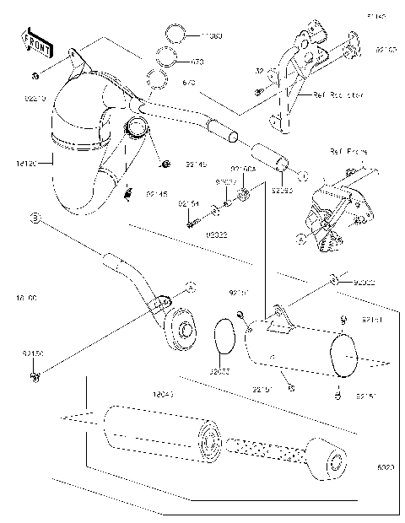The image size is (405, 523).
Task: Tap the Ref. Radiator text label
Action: (x=337, y=96)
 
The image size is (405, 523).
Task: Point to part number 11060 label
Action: (x=210, y=37)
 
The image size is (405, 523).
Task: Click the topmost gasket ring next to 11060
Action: (x=175, y=36)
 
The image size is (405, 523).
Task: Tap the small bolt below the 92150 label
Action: (x=34, y=374)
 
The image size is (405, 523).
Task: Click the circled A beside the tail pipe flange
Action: (x=190, y=287)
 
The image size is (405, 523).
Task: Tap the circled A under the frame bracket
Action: (x=301, y=240)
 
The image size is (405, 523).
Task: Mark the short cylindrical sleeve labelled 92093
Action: (x=279, y=159)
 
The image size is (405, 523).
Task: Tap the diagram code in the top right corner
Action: (x=376, y=15)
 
